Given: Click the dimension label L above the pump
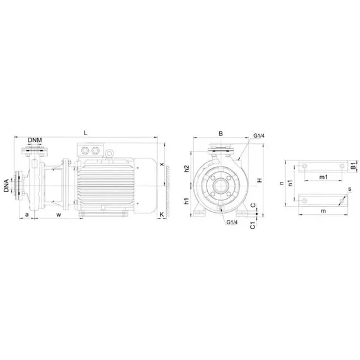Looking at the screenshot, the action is point(85,133).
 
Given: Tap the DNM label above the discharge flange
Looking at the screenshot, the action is point(35,140).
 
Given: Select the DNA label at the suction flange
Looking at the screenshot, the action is point(6,186).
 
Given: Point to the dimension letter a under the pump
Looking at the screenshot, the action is point(27,215).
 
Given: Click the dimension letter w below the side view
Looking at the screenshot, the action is point(59,215).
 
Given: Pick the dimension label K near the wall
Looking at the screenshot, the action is point(162,215).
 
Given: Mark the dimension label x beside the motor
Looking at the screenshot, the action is point(162,164).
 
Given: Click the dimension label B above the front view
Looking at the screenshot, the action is point(220,133).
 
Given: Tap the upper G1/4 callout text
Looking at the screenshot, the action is point(259,136).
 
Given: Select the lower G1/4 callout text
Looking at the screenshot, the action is point(232,222).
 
